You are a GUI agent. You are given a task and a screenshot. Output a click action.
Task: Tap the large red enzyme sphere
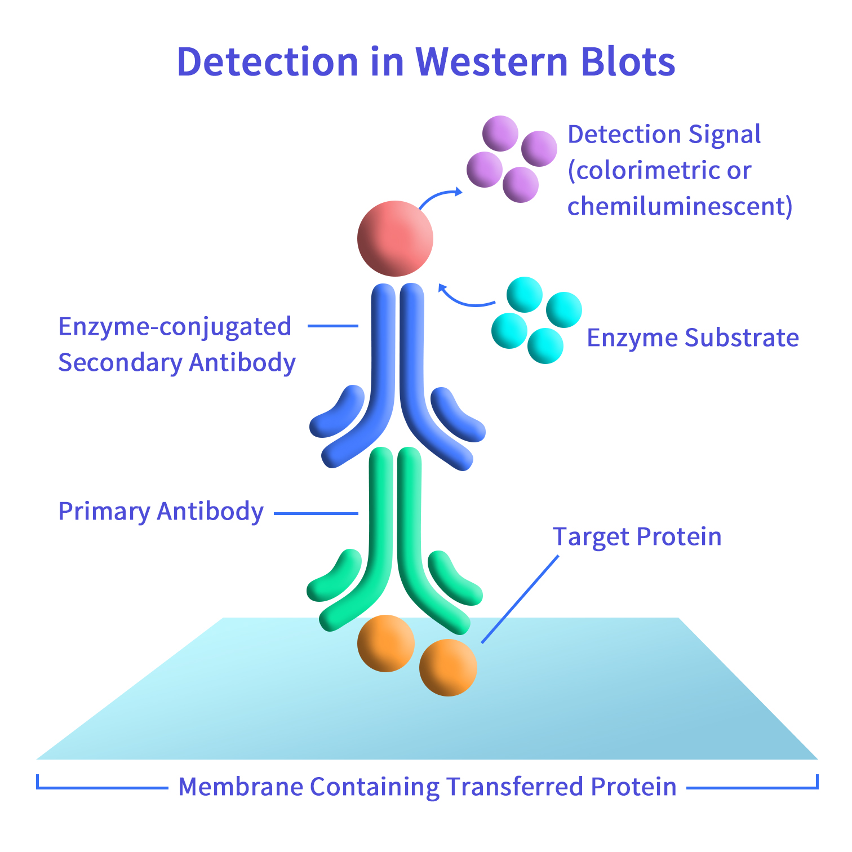point(395,238)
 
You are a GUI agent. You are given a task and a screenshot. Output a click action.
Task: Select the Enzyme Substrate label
point(693,338)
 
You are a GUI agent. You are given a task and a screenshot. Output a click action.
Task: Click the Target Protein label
point(637,536)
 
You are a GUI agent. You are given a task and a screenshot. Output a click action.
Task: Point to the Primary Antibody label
point(161,512)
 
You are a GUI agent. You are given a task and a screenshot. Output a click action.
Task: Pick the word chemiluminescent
point(679,206)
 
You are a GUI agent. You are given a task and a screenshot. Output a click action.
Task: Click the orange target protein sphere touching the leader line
point(448,668)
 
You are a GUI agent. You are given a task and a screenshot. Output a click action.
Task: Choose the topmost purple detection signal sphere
point(500,134)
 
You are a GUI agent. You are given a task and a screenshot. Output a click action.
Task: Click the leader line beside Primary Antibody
point(316,513)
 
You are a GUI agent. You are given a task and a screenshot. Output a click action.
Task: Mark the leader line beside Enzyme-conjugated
point(332,326)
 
